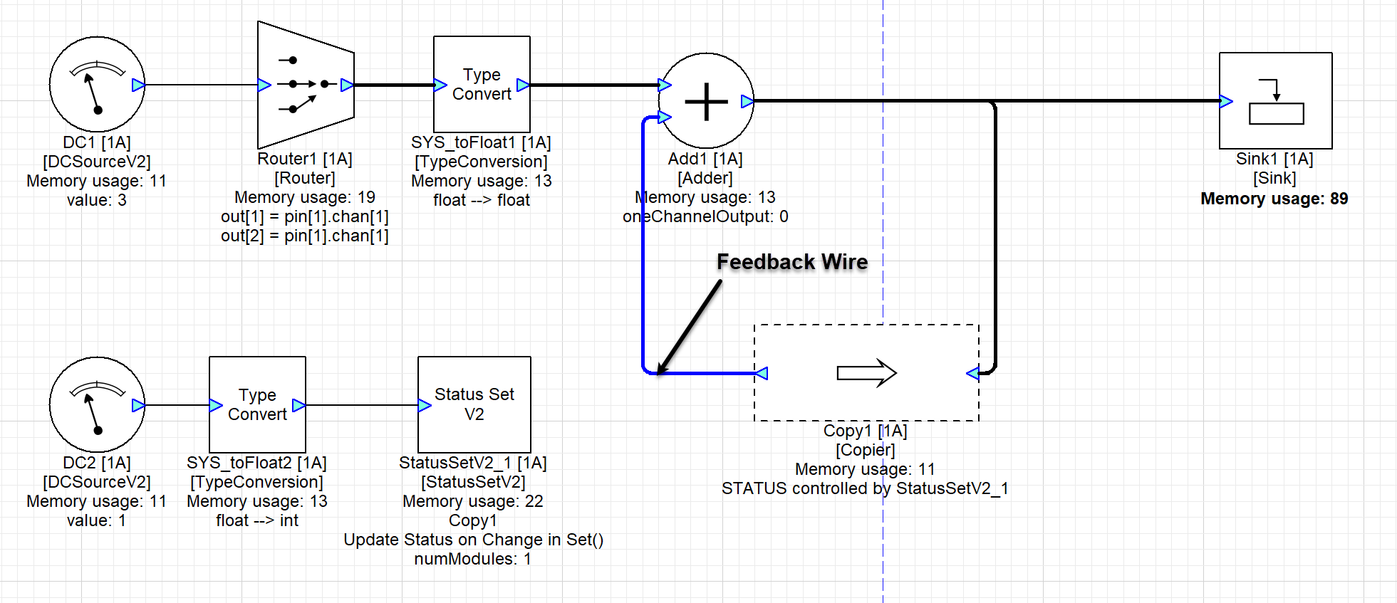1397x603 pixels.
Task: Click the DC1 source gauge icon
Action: pos(97,85)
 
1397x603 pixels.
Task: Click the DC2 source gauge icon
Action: pos(97,405)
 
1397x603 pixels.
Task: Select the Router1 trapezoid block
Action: pos(306,85)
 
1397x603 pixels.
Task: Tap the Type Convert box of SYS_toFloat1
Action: pos(482,85)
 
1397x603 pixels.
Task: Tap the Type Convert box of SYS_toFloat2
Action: pos(257,405)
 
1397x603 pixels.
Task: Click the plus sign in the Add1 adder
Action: pos(706,101)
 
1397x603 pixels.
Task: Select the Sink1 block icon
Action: pos(1275,101)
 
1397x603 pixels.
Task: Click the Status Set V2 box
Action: pos(474,404)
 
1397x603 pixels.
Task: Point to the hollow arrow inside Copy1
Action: pos(866,372)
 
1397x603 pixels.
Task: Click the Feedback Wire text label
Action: pos(792,262)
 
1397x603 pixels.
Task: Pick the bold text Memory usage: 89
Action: pos(1274,199)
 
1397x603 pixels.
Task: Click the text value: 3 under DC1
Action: pos(97,200)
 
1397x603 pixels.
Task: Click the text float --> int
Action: pos(257,520)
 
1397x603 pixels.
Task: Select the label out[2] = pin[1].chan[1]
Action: pos(305,236)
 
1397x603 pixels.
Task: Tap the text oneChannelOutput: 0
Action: pos(705,216)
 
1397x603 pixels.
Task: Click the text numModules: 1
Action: pos(472,559)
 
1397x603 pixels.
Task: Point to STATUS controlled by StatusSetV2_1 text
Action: pos(865,488)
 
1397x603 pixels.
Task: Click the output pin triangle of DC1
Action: pos(138,85)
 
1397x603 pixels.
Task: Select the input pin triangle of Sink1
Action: pos(1226,101)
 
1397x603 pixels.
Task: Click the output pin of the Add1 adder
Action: pos(747,101)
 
